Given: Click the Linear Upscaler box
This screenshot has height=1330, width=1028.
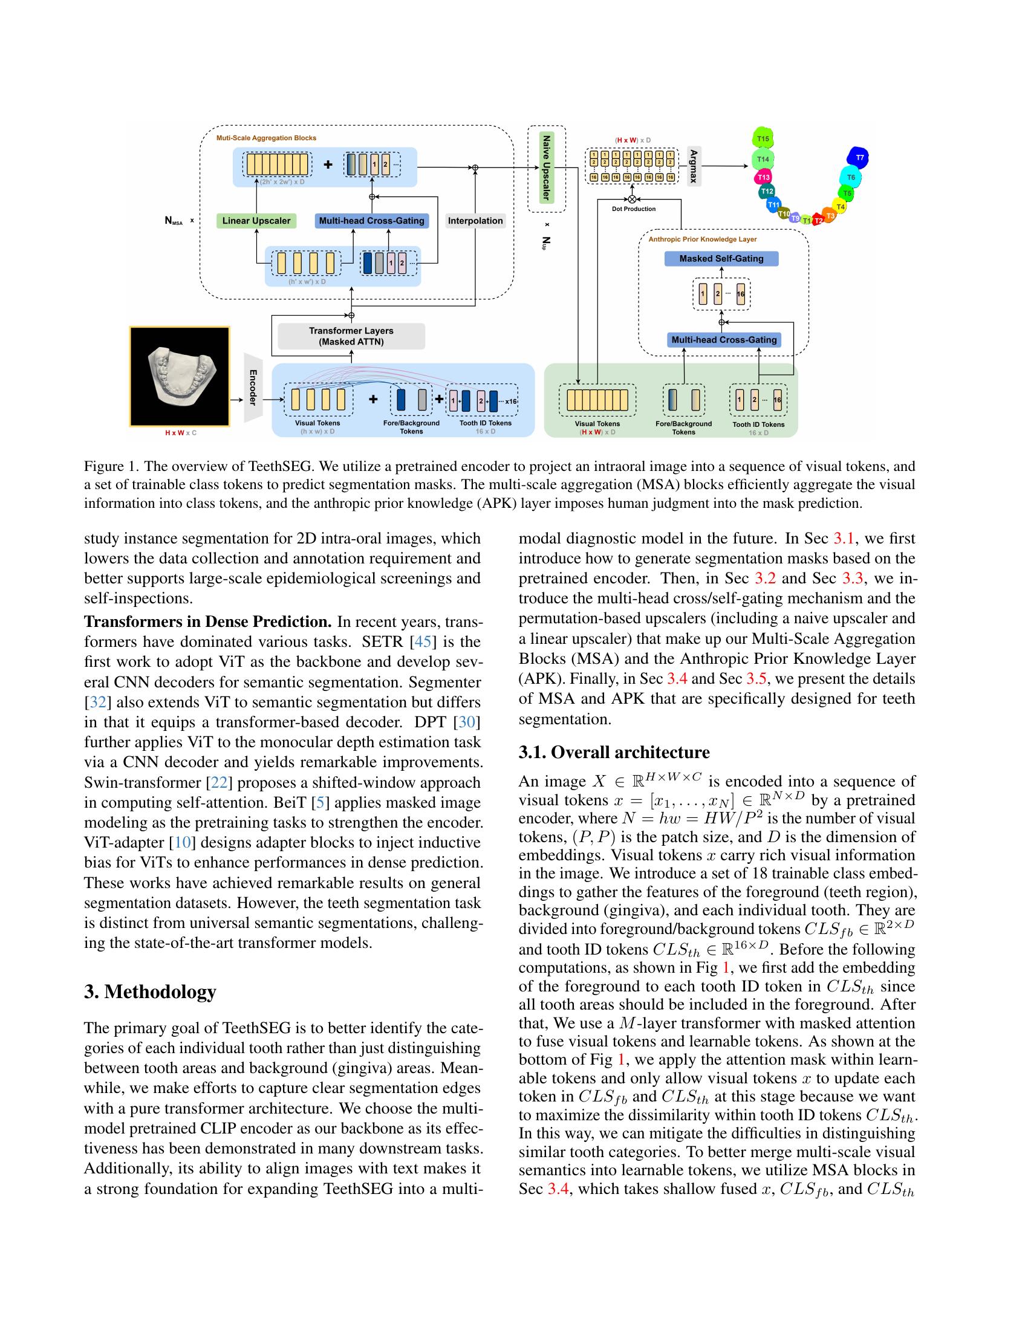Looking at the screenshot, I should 256,221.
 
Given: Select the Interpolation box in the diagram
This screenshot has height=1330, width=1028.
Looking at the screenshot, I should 475,221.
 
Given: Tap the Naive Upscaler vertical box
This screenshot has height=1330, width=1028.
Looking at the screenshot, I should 545,167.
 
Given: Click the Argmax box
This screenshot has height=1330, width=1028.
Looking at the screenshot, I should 694,166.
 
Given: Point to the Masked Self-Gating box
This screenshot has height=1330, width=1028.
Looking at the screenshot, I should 721,259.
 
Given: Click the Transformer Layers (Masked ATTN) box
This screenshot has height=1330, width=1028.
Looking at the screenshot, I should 351,336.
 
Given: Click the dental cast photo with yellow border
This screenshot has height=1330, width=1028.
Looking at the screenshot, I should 180,377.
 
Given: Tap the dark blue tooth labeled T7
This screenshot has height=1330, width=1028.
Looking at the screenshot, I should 859,158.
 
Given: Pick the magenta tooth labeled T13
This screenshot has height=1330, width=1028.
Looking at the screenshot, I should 763,177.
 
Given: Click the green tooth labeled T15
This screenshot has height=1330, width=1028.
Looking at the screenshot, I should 763,138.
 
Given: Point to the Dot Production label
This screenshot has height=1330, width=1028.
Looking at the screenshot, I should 633,209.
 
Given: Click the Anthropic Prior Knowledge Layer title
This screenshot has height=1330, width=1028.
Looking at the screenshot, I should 702,239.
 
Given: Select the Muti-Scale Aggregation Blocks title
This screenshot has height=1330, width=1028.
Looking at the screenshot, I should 266,138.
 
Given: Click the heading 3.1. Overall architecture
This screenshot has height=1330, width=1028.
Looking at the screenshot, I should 614,753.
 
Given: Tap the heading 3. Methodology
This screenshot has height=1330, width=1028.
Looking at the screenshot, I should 150,991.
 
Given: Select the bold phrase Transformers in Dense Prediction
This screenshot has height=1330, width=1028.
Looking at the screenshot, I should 207,621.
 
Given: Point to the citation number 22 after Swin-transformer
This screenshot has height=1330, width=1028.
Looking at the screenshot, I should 219,782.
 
